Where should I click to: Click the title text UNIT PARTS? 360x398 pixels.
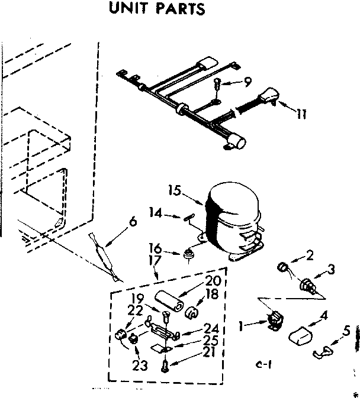157,9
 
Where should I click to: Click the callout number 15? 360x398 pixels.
174,191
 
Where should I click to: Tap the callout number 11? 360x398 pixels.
301,115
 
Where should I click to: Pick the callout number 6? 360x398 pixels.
132,222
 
